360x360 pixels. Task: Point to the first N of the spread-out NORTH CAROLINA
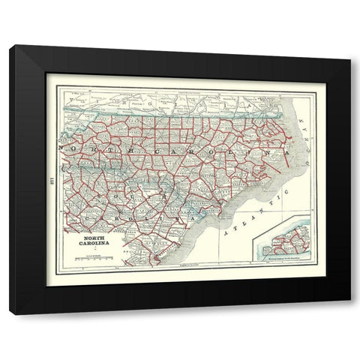point(72,149)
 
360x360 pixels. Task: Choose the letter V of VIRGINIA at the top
point(76,98)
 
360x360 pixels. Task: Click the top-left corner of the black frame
point(10,47)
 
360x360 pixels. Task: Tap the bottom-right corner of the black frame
point(349,313)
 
